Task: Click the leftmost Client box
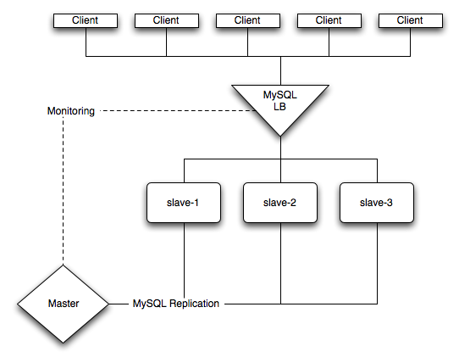tap(86, 20)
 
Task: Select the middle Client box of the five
tap(247, 20)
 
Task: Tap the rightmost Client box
tap(410, 20)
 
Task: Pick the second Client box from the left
tap(166, 20)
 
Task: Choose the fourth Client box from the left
tap(329, 20)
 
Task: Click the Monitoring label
tap(69, 111)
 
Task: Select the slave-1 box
tap(184, 203)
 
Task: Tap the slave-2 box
tap(280, 203)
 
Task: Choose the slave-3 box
tap(376, 203)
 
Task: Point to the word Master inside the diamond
tap(64, 303)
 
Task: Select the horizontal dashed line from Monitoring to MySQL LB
tap(169, 111)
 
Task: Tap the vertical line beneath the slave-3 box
tap(376, 263)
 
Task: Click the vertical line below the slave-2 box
tap(280, 263)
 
